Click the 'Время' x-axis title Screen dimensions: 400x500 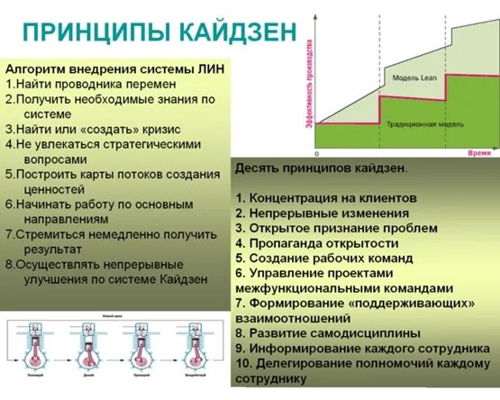478,154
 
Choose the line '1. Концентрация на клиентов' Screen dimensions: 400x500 326,196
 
